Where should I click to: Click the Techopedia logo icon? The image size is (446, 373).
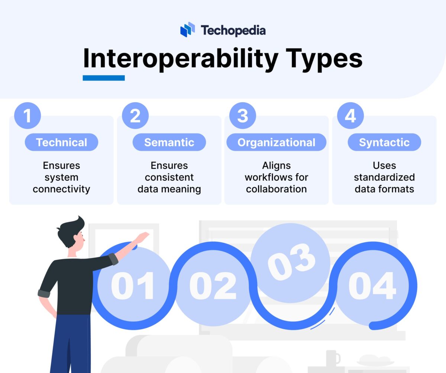point(188,29)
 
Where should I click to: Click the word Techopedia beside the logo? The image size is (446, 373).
point(233,30)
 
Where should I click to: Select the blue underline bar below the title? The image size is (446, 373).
point(104,78)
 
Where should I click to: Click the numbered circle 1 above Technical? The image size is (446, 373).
point(28,116)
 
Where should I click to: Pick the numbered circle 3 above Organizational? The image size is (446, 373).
point(242,116)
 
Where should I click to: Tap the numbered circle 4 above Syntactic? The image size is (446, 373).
point(350,116)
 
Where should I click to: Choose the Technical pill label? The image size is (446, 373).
point(61,142)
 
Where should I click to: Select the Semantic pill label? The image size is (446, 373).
point(169,142)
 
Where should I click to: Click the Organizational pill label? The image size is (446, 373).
point(276,142)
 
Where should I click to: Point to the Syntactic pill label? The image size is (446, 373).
point(384,142)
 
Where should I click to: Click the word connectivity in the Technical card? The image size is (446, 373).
point(61,189)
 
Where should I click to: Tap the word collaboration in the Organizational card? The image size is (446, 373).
point(276,189)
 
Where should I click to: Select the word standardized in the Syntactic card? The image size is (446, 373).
point(384,177)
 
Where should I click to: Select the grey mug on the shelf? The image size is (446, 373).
point(332,358)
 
